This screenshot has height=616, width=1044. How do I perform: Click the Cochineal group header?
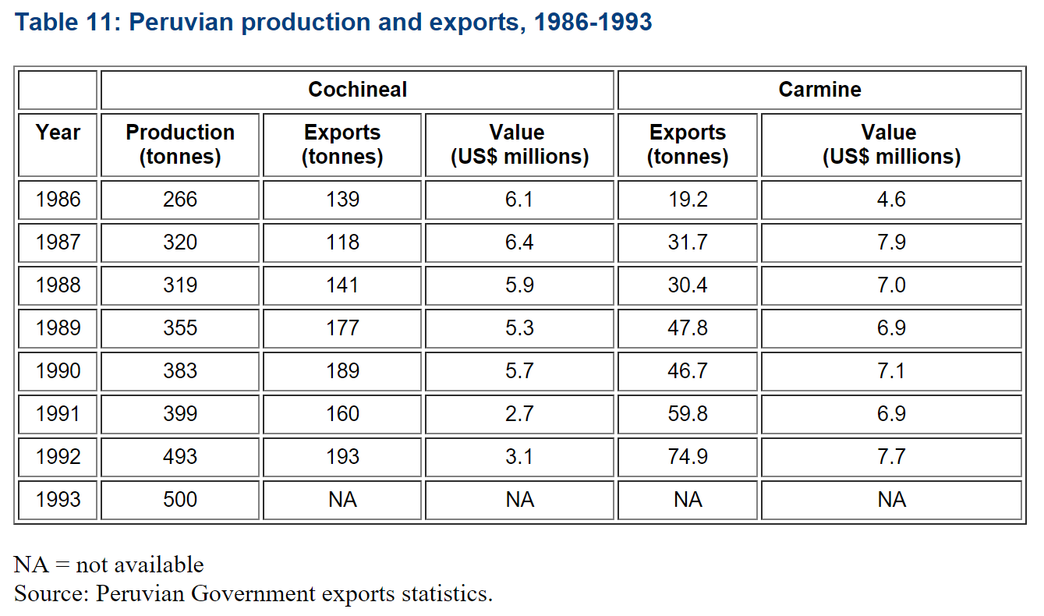click(x=357, y=90)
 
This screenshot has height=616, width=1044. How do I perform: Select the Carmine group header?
click(x=819, y=90)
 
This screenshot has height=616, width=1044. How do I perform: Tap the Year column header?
click(x=58, y=133)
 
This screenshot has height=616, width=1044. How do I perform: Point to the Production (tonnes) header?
click(x=180, y=144)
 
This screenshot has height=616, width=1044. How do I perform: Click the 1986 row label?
click(x=58, y=200)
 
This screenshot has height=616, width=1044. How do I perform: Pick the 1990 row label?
click(x=58, y=371)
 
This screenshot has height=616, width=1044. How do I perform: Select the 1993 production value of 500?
click(x=180, y=499)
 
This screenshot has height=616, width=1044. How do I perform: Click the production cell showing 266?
click(x=180, y=200)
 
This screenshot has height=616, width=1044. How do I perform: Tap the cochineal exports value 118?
click(x=343, y=243)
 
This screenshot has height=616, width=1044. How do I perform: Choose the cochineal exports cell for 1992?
click(x=343, y=456)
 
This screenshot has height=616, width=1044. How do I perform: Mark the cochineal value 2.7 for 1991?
click(x=519, y=413)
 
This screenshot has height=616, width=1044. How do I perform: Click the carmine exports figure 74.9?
click(x=688, y=456)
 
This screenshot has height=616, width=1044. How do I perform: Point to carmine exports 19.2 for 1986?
click(x=688, y=200)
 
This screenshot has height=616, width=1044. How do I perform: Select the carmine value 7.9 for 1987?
click(x=891, y=243)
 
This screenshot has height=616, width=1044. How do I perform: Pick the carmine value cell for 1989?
click(x=891, y=328)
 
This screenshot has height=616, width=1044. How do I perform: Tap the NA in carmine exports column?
click(x=688, y=499)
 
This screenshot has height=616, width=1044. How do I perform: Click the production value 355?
click(x=180, y=328)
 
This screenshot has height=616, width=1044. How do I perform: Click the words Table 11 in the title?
click(x=62, y=22)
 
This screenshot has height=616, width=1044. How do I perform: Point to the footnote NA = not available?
click(x=109, y=565)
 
